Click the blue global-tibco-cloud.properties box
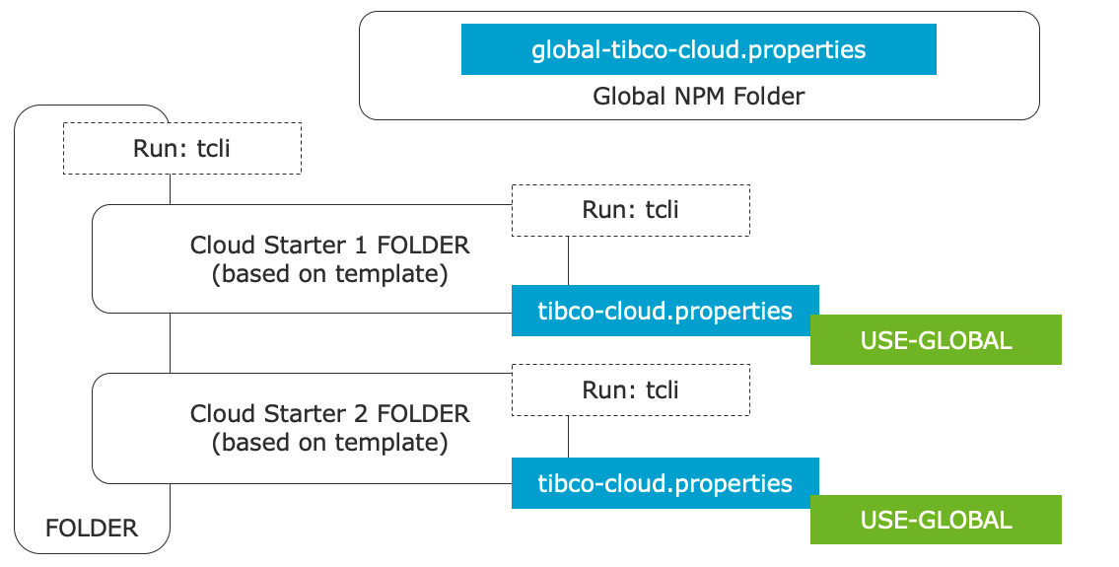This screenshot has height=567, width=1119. tap(699, 49)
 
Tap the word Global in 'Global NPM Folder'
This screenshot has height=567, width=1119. tap(629, 97)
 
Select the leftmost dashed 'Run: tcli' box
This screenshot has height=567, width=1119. tap(182, 149)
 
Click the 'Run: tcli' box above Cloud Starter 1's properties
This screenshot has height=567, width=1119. tap(631, 210)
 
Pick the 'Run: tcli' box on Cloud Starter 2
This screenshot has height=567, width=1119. tap(631, 390)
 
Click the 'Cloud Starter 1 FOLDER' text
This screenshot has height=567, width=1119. tap(329, 245)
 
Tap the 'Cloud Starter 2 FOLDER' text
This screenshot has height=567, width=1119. tap(329, 413)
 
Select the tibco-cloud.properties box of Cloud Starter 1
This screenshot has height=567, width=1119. tap(665, 311)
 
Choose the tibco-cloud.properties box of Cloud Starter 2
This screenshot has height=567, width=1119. tap(665, 483)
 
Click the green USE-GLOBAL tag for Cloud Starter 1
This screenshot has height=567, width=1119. tap(936, 340)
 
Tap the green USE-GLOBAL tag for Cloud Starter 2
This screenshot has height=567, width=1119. tap(936, 519)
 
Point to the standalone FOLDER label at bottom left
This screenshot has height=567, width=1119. tap(92, 529)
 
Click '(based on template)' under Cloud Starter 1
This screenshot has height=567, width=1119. tap(329, 274)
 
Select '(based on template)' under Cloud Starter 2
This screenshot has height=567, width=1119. tap(329, 443)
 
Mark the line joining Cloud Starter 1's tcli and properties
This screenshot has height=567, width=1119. tap(568, 260)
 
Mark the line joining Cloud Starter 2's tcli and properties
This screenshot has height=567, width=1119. tap(568, 437)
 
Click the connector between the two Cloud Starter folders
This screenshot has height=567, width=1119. tap(170, 343)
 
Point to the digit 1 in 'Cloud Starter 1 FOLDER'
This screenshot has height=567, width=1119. tap(361, 245)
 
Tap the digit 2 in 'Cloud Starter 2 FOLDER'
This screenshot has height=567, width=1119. tap(361, 413)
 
